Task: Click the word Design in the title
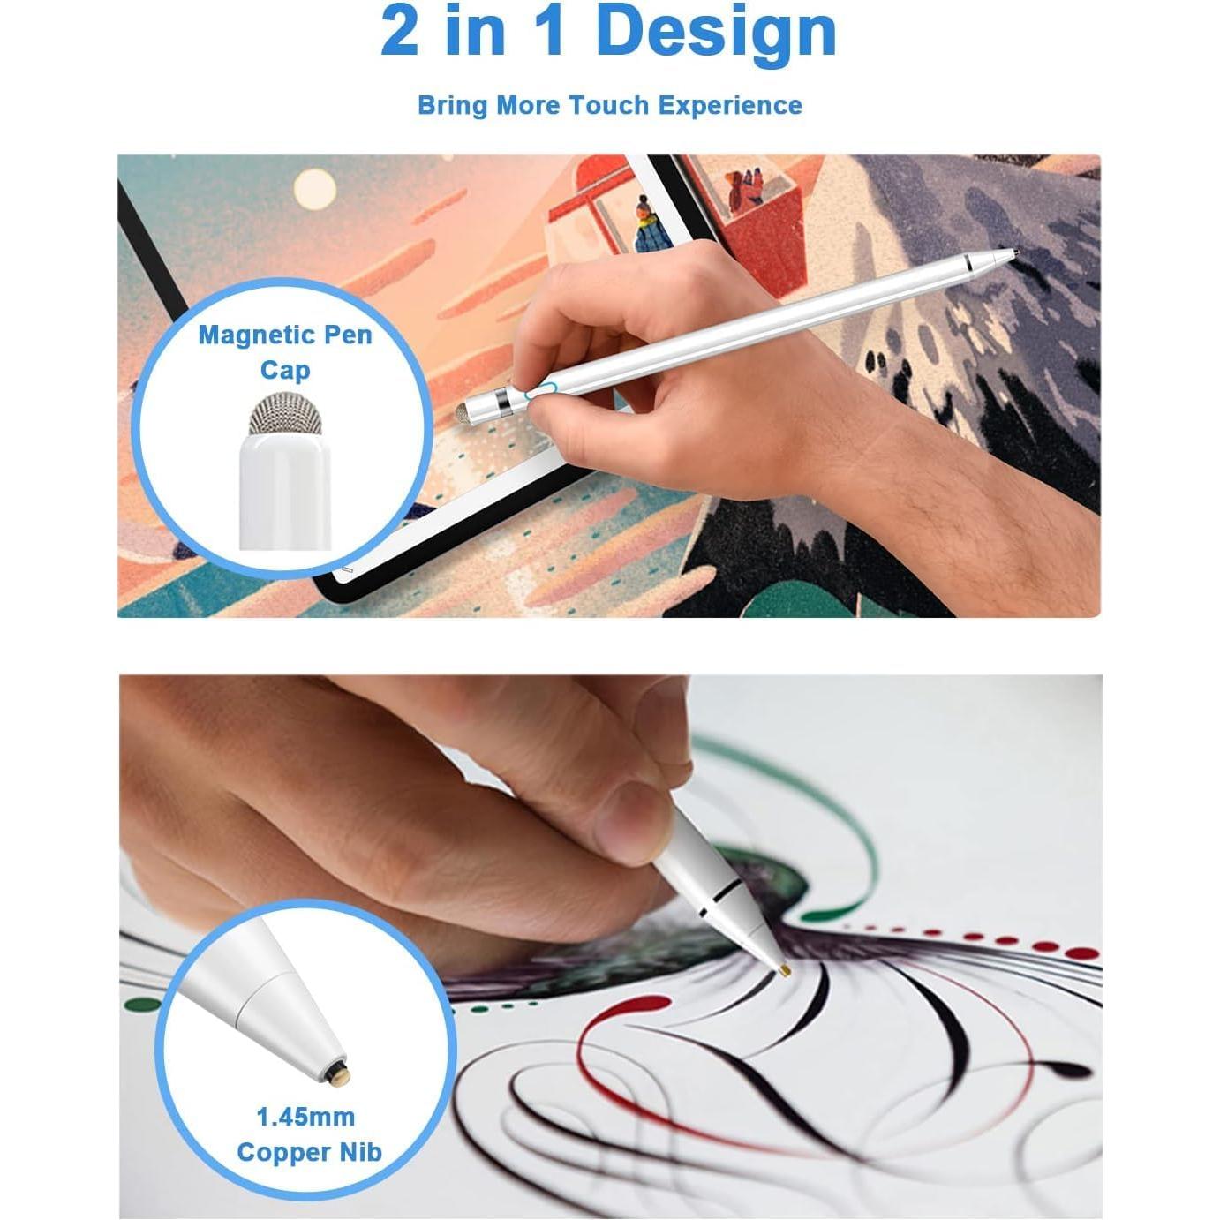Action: (x=716, y=32)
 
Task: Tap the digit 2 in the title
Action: (x=399, y=32)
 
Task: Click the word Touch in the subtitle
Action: (x=609, y=105)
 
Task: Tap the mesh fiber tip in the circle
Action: (x=284, y=412)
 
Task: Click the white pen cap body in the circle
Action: (x=284, y=494)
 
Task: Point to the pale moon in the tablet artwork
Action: (x=313, y=188)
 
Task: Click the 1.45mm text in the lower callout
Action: (x=305, y=1117)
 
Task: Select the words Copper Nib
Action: (x=309, y=1152)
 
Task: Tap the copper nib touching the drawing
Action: (x=785, y=970)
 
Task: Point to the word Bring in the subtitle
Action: (x=452, y=105)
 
